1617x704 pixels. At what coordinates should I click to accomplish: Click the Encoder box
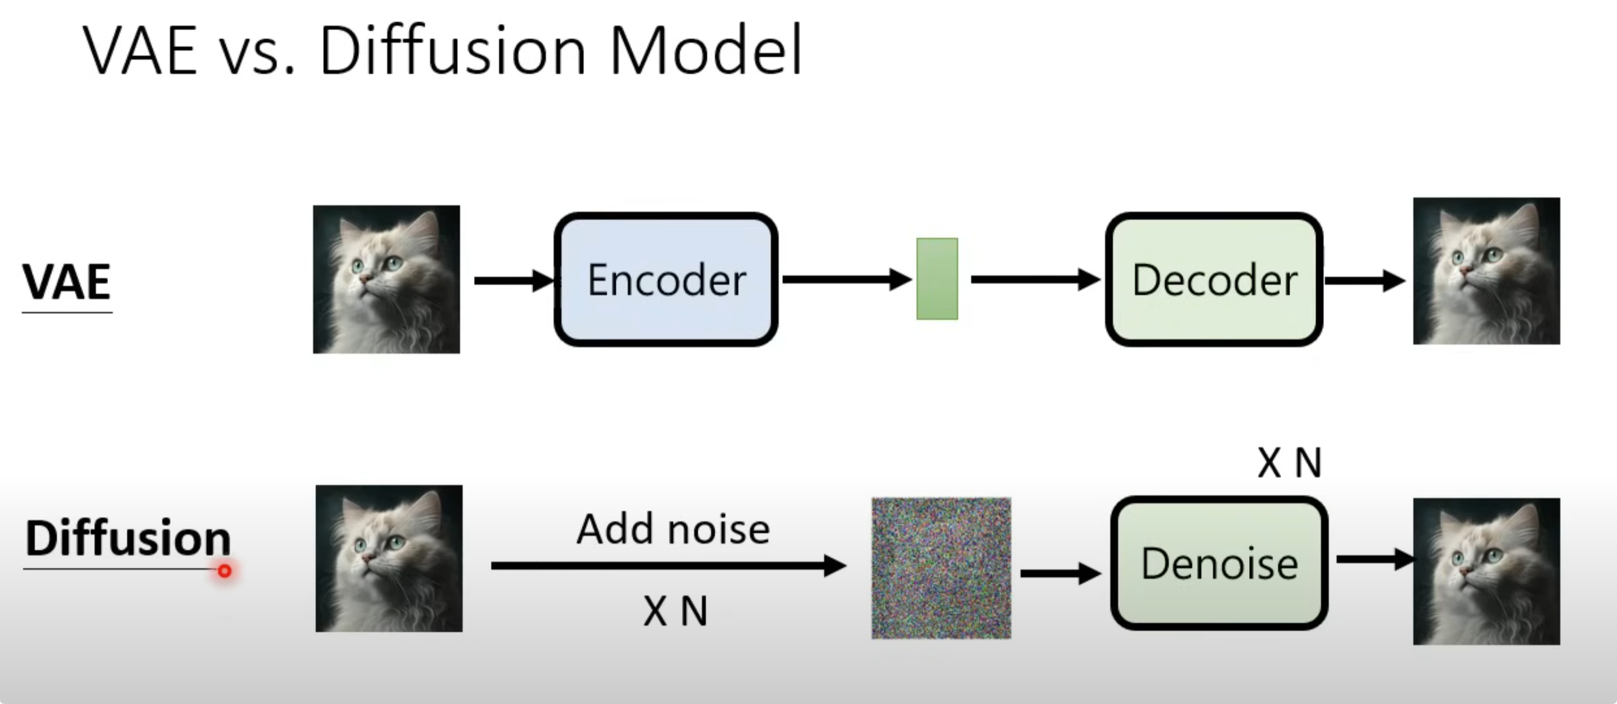pos(666,279)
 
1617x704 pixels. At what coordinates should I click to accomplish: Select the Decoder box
pos(1214,279)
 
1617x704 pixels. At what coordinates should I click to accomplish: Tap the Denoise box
pos(1219,563)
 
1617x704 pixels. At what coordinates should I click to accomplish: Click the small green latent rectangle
pos(937,279)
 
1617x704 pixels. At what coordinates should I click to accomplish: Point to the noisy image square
pos(941,568)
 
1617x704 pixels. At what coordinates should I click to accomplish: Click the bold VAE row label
pos(66,282)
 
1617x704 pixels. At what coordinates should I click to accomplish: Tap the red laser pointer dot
pos(225,571)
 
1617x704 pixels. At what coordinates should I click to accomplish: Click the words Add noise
pos(673,529)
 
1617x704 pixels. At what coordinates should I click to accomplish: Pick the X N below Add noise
pos(676,611)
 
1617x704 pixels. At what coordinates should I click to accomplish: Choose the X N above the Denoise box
pos(1289,463)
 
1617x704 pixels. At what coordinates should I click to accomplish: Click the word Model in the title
pos(706,50)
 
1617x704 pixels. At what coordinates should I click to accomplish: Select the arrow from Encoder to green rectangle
pos(847,279)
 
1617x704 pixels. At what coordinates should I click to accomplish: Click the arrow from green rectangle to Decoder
pos(1036,279)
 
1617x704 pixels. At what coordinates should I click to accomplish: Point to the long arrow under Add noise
pos(668,566)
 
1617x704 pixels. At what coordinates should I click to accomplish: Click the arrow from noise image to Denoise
pos(1061,573)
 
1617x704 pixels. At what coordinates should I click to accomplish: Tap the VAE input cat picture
pos(387,279)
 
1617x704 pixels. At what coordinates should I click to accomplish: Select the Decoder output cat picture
pos(1487,271)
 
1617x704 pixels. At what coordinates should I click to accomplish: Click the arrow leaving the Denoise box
pos(1375,559)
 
